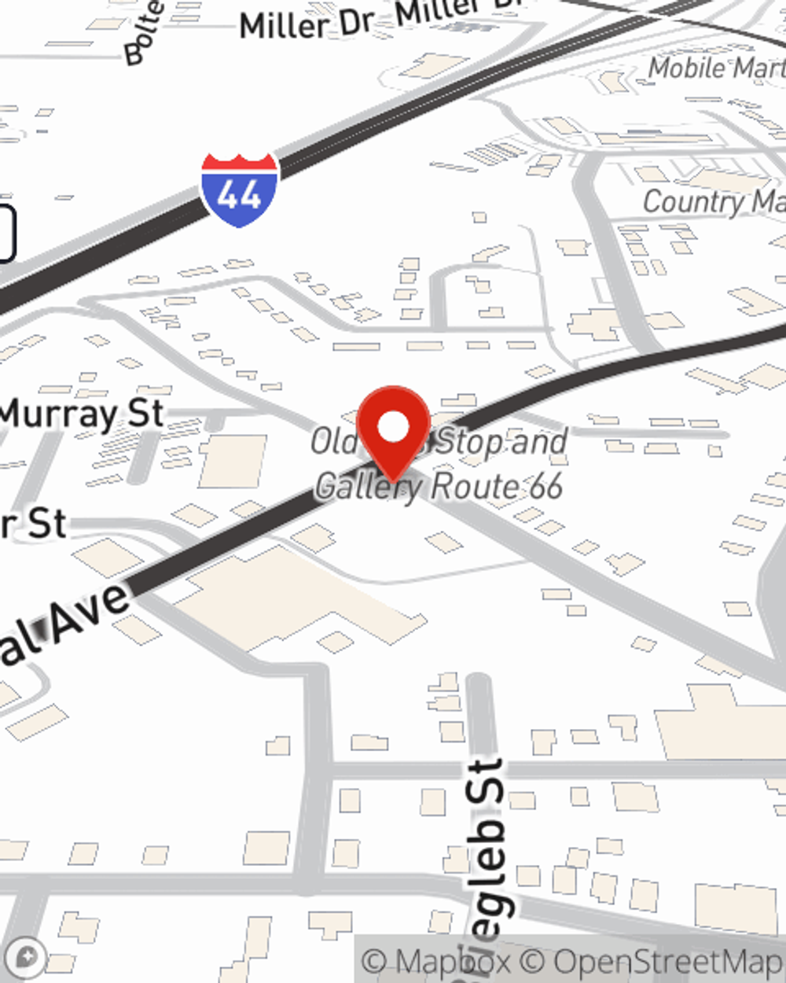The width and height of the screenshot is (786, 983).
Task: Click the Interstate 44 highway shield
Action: pyautogui.click(x=239, y=190)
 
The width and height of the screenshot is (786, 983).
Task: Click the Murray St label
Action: pyautogui.click(x=82, y=414)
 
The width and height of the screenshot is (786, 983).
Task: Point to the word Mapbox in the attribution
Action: pyautogui.click(x=453, y=962)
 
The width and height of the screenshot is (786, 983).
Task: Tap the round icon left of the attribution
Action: pyautogui.click(x=25, y=957)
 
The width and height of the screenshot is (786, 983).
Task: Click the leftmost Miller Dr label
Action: pyautogui.click(x=307, y=24)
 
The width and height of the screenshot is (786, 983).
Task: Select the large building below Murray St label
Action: pyautogui.click(x=233, y=460)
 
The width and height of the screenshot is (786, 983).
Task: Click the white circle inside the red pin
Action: pyautogui.click(x=393, y=427)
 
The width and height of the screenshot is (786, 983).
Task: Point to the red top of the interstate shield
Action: pyautogui.click(x=239, y=164)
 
